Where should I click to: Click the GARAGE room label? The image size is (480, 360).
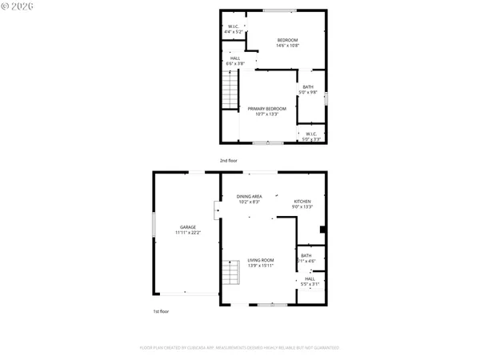(x=188, y=230)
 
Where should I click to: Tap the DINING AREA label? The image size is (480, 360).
(x=249, y=199)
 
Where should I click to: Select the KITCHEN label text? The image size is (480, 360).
(x=302, y=204)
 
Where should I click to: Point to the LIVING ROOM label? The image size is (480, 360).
(x=260, y=262)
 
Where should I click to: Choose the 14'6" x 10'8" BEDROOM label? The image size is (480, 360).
(x=287, y=42)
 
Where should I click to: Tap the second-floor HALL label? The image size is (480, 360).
(x=235, y=61)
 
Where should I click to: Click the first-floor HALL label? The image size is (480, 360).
(x=310, y=282)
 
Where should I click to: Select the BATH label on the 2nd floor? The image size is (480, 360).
(x=308, y=90)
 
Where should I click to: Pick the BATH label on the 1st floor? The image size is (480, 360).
(x=306, y=258)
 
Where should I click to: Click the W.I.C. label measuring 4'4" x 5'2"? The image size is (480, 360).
(x=233, y=30)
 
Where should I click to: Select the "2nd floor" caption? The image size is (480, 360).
(x=229, y=161)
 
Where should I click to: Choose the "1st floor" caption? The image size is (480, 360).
(x=161, y=311)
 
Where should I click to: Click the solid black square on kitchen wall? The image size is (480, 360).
(x=322, y=230)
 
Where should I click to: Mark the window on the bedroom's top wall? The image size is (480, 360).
(x=279, y=10)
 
